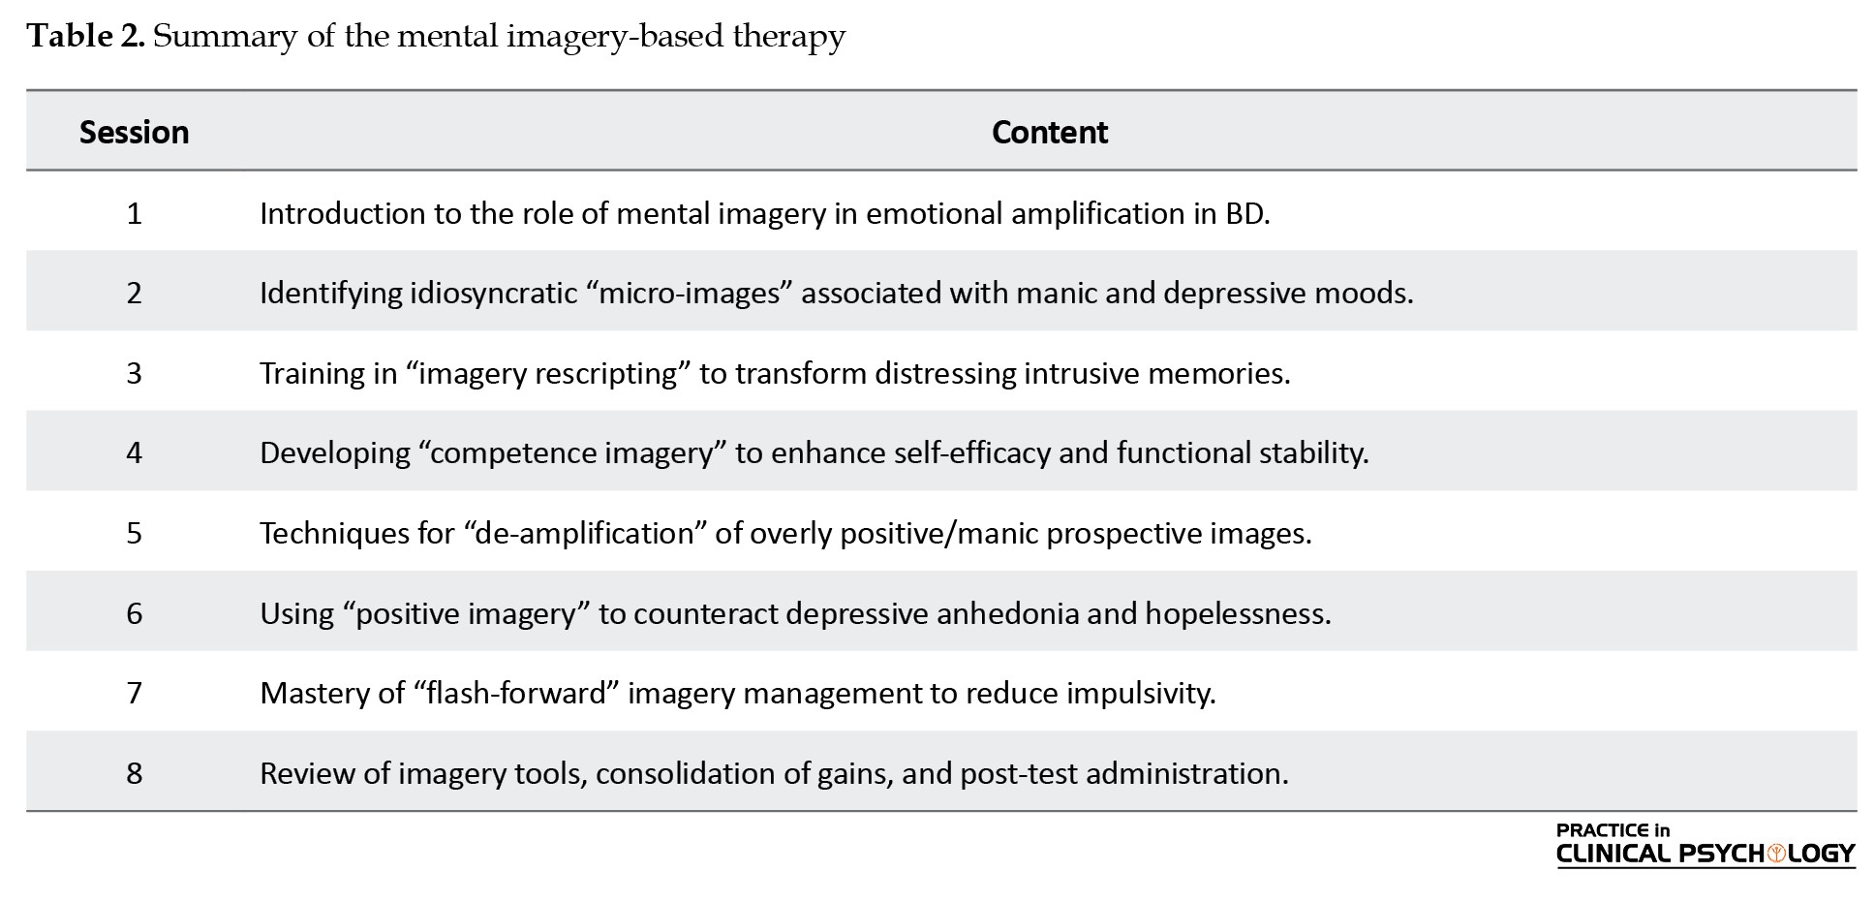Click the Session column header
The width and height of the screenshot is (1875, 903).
pos(134,132)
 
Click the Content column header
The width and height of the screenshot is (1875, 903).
pos(1050,132)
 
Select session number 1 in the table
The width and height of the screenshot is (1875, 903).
pos(134,213)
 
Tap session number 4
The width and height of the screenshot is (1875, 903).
pos(134,452)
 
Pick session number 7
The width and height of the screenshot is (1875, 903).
pos(134,693)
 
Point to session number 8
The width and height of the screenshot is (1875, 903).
pos(134,773)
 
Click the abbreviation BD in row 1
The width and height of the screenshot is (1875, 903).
pos(1246,213)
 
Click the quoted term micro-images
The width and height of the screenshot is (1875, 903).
pos(689,293)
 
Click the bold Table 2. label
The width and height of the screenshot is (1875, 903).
pos(86,36)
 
